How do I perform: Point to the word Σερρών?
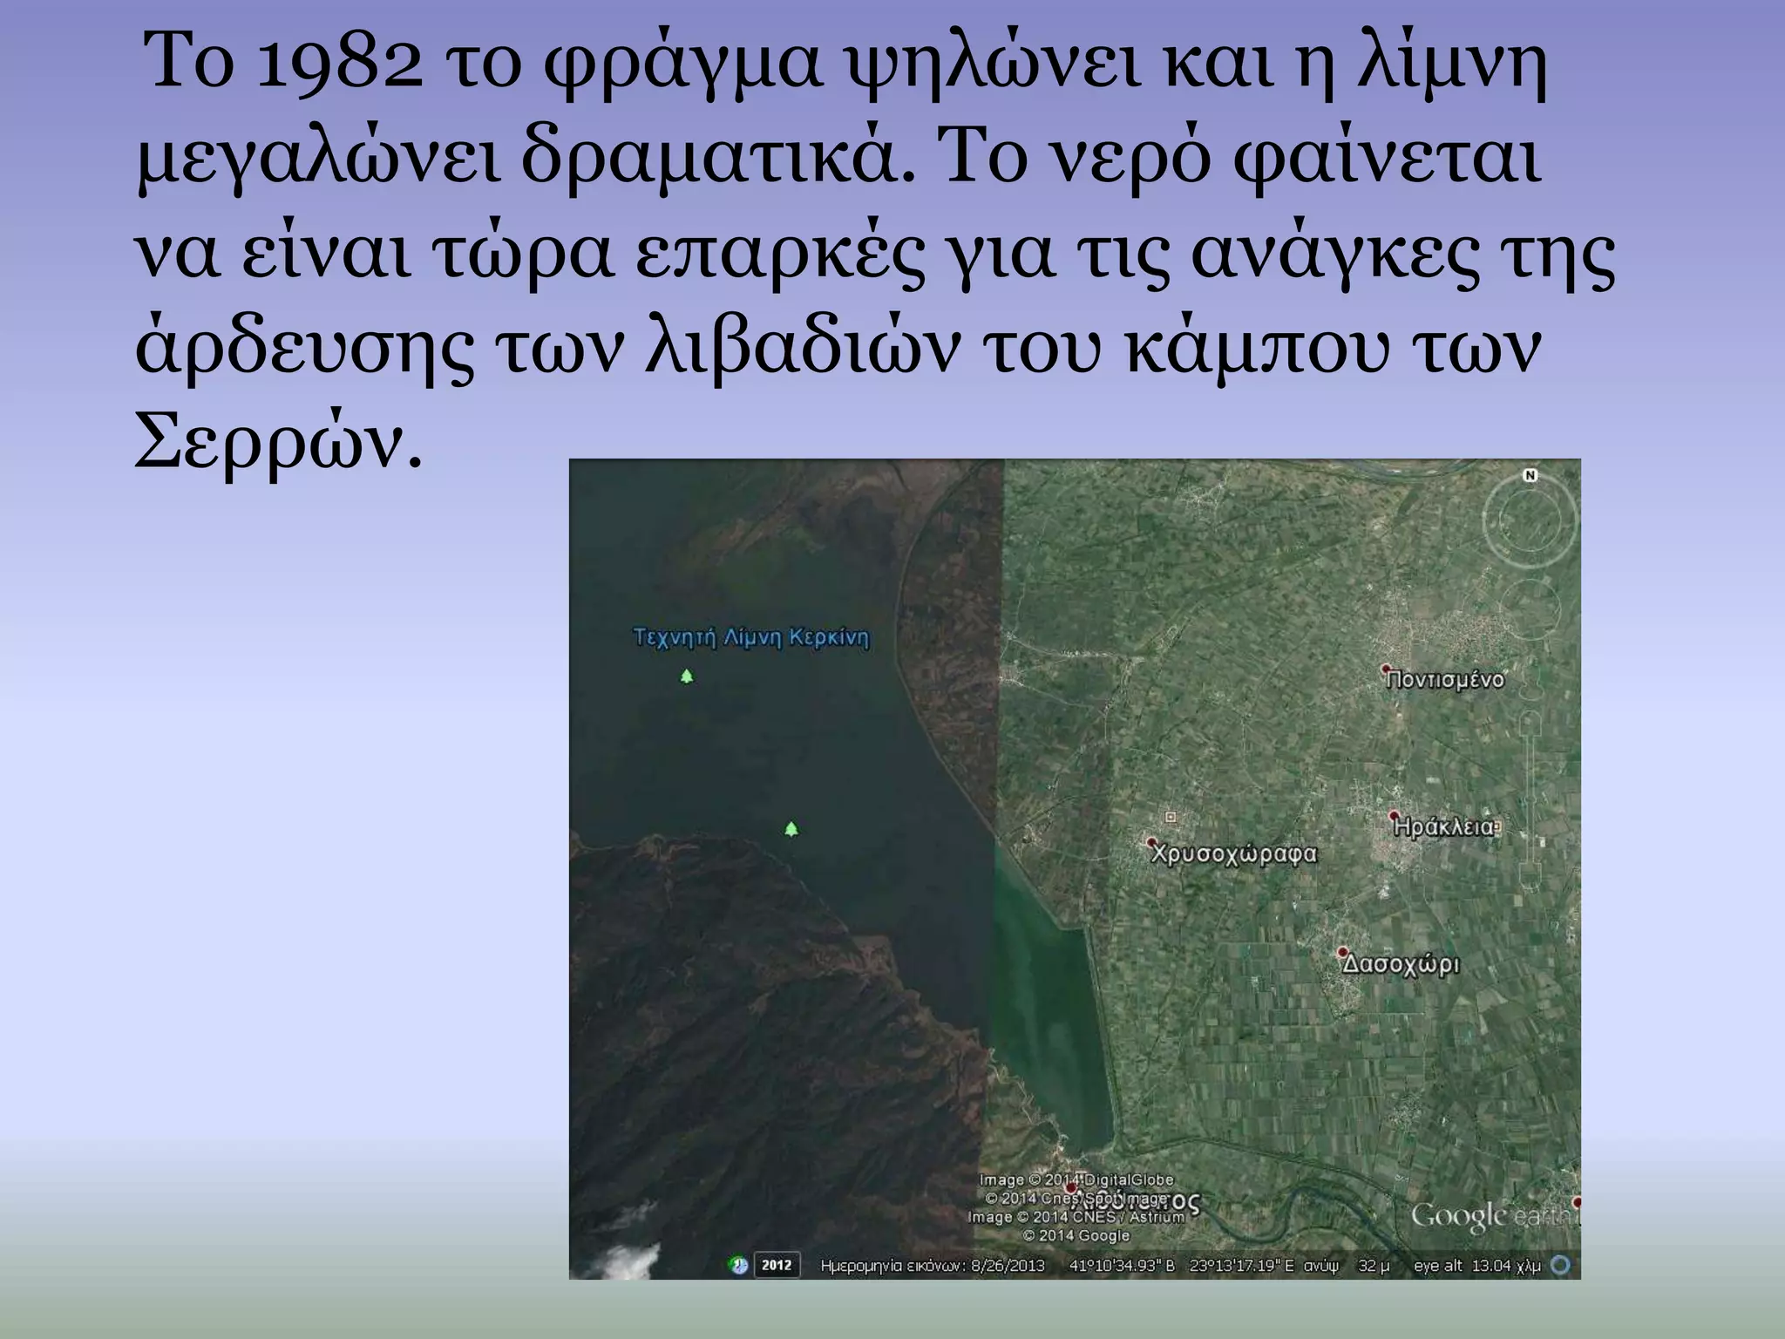click(x=277, y=443)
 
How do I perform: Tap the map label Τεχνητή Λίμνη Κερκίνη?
click(x=750, y=637)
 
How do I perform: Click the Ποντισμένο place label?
click(x=1446, y=680)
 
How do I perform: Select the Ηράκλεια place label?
click(x=1443, y=826)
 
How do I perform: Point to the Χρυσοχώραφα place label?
click(x=1233, y=854)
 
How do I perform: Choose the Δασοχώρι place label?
click(x=1401, y=965)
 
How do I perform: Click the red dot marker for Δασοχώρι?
click(x=1343, y=953)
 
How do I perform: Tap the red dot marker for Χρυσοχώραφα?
click(x=1151, y=843)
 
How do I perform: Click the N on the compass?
click(x=1530, y=475)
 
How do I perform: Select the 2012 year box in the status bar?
click(x=776, y=1264)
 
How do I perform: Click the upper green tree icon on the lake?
click(x=687, y=676)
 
